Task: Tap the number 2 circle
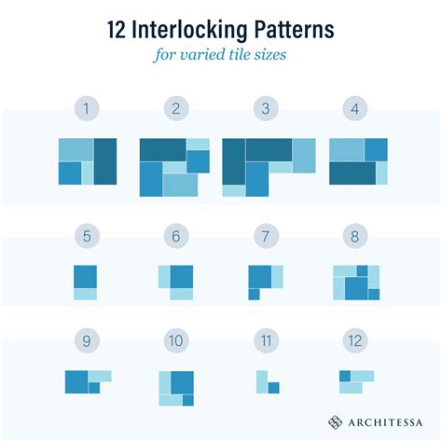[x=175, y=109]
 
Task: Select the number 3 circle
[x=265, y=109]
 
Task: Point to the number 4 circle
[x=355, y=109]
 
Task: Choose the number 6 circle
[x=175, y=237]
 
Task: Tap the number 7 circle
[x=265, y=237]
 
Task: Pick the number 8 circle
[x=355, y=237]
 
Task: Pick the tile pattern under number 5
[x=86, y=282]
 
